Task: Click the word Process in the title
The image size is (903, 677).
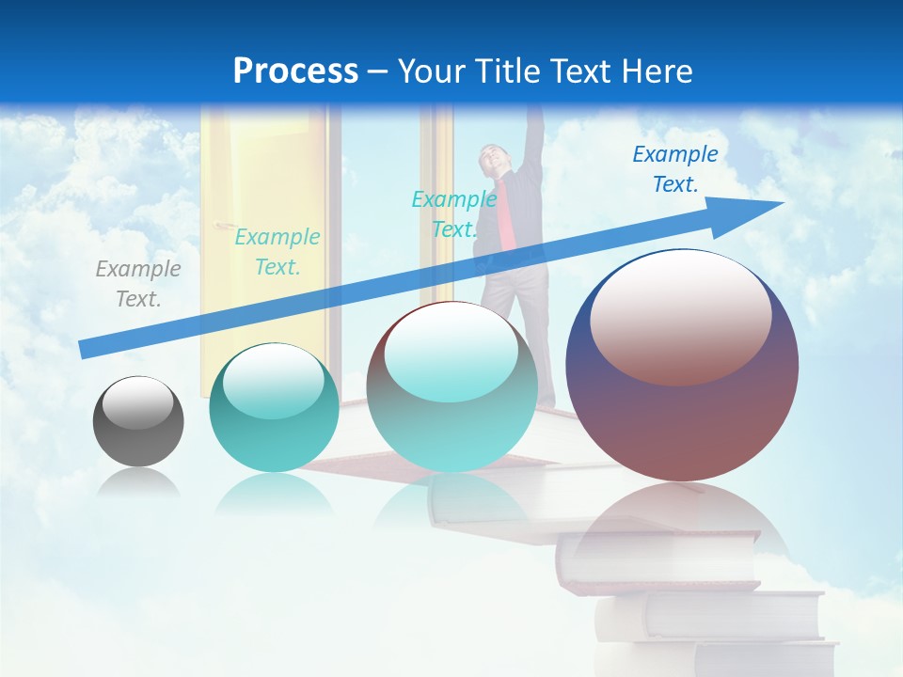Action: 295,71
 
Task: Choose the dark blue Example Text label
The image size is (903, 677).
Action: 674,169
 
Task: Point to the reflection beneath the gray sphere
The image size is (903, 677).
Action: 138,483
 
